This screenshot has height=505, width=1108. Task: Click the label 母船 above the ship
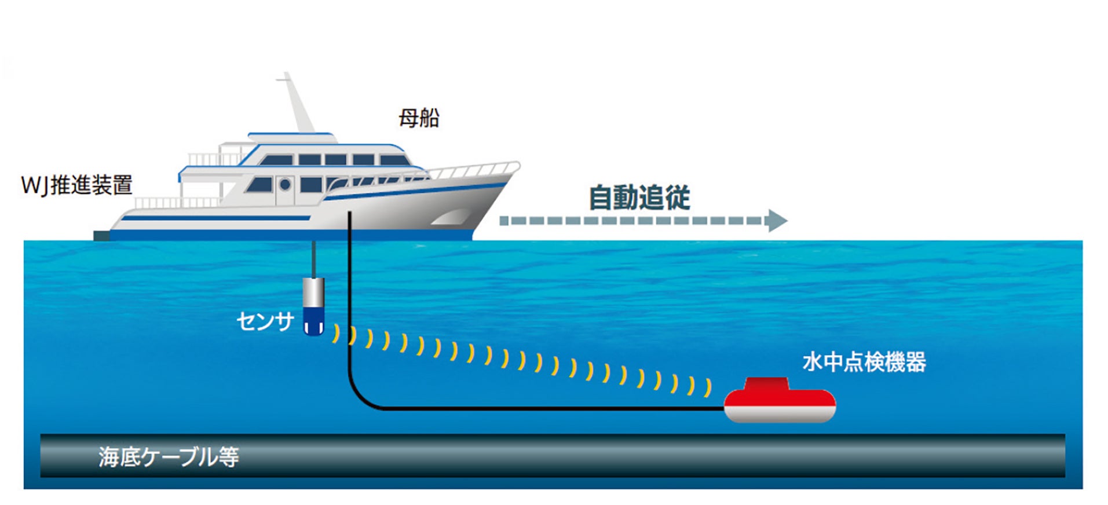(418, 118)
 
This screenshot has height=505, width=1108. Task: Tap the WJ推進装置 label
(77, 185)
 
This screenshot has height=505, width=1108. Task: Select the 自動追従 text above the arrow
(639, 197)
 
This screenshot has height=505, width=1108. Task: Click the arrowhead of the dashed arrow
(777, 221)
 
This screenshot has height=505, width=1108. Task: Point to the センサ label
(265, 321)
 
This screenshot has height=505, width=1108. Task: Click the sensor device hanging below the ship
(313, 306)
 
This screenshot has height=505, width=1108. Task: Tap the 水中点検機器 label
(864, 362)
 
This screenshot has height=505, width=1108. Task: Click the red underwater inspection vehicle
(780, 400)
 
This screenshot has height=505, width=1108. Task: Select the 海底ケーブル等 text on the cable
(169, 457)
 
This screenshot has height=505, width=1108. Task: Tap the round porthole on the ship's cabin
(285, 185)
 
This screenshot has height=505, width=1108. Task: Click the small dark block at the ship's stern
(101, 235)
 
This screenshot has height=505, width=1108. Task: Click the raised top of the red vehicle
(767, 383)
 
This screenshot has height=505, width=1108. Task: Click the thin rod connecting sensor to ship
(313, 259)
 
